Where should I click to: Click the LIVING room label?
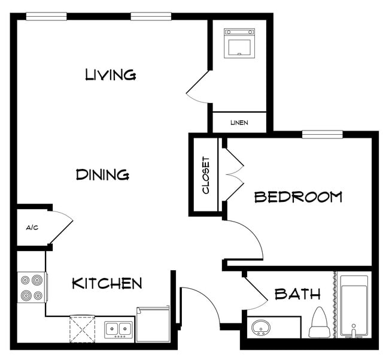[x=111, y=75]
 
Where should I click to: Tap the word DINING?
[x=103, y=175]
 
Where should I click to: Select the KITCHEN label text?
[x=107, y=283]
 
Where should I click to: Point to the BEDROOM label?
[x=298, y=196]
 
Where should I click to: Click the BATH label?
[x=297, y=294]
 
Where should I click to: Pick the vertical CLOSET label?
[x=206, y=175]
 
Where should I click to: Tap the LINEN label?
[x=239, y=123]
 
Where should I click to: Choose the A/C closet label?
[x=32, y=228]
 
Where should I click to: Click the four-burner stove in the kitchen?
[x=32, y=288]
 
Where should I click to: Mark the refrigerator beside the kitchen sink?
[x=153, y=324]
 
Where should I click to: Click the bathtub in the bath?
[x=355, y=305]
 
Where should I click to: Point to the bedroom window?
[x=322, y=134]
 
